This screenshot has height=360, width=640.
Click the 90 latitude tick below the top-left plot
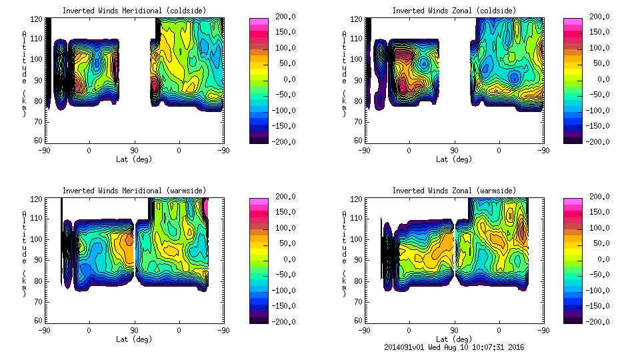(x=134, y=150)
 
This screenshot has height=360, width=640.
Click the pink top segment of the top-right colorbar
(x=573, y=23)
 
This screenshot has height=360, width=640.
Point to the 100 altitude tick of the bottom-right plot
(x=353, y=239)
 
